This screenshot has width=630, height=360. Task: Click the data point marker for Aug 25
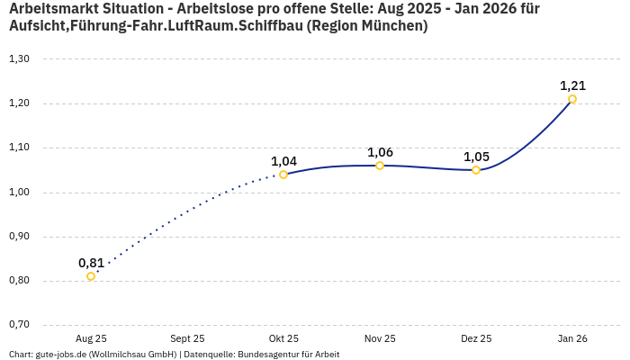pyautogui.click(x=91, y=276)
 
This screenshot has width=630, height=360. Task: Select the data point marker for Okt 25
pyautogui.click(x=283, y=175)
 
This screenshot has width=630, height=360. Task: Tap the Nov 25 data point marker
pyautogui.click(x=380, y=166)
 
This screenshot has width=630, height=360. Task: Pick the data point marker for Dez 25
pyautogui.click(x=476, y=170)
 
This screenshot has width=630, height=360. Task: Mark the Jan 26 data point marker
pyautogui.click(x=572, y=99)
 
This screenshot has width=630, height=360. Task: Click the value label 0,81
pyautogui.click(x=91, y=263)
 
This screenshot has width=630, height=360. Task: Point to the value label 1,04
pyautogui.click(x=283, y=161)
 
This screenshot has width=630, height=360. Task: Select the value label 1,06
pyautogui.click(x=380, y=152)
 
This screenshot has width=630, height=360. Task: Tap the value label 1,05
pyautogui.click(x=476, y=157)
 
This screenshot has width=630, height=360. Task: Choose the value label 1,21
pyautogui.click(x=572, y=85)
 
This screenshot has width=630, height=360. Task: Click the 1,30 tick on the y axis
pyautogui.click(x=19, y=59)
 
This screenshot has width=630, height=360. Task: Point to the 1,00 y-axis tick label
pyautogui.click(x=19, y=193)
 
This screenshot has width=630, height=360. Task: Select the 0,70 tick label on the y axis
pyautogui.click(x=19, y=325)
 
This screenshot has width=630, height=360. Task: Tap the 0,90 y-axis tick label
pyautogui.click(x=19, y=237)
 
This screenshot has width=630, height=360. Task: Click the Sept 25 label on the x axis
pyautogui.click(x=187, y=338)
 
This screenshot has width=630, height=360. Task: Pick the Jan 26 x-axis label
pyautogui.click(x=572, y=338)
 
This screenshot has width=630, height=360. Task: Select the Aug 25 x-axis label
pyautogui.click(x=91, y=338)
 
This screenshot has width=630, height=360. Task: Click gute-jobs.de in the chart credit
pyautogui.click(x=61, y=355)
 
